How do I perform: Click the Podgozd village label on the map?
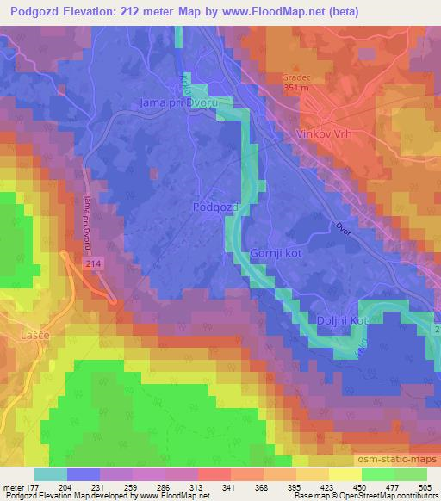coord(212,207)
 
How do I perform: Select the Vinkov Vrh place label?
coord(325,136)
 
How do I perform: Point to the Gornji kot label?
coord(276,254)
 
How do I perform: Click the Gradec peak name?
coord(295,77)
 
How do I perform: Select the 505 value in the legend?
coord(425,486)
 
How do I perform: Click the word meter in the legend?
coord(14,486)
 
